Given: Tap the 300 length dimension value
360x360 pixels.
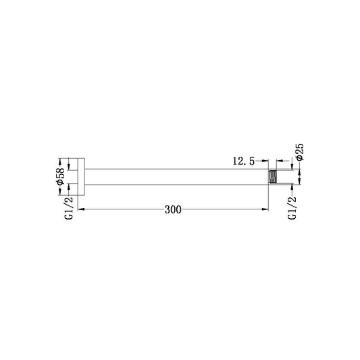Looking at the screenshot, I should point(173,210).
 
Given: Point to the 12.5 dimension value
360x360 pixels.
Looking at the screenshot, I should point(242,161).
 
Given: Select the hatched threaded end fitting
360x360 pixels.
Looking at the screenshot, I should point(274,177).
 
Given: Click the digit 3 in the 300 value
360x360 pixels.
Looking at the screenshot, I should point(167,210).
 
